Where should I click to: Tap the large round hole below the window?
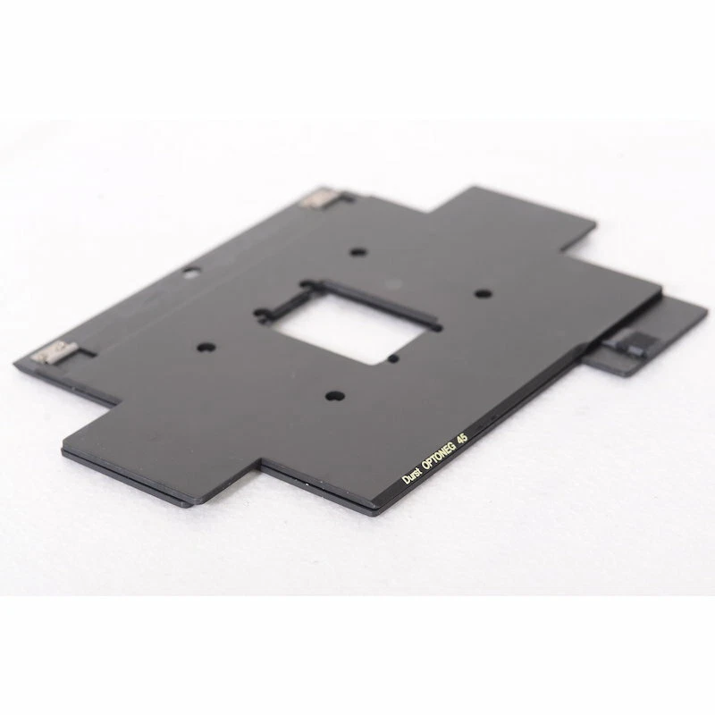click(332, 393)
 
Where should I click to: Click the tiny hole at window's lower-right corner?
click(394, 358)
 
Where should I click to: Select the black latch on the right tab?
click(635, 343)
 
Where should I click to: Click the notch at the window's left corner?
click(263, 314)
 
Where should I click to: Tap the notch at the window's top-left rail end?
click(309, 286)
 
